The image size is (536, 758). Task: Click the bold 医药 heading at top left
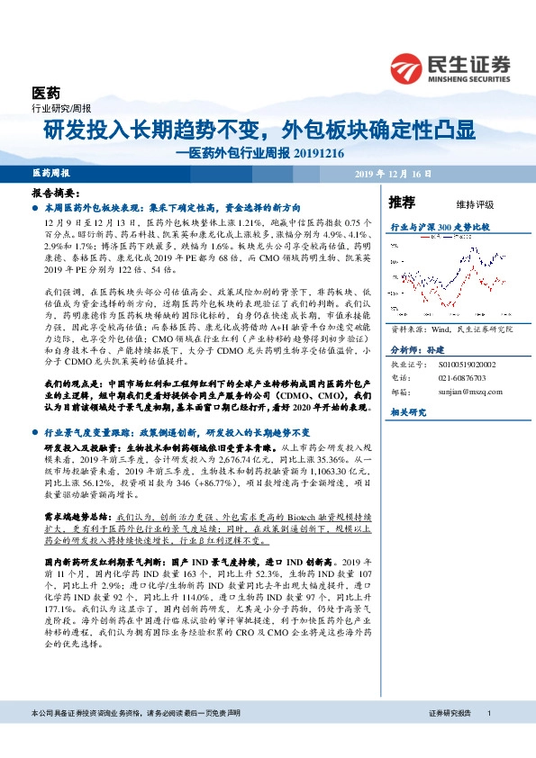click(45, 94)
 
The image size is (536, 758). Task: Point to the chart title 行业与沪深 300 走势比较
click(439, 228)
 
